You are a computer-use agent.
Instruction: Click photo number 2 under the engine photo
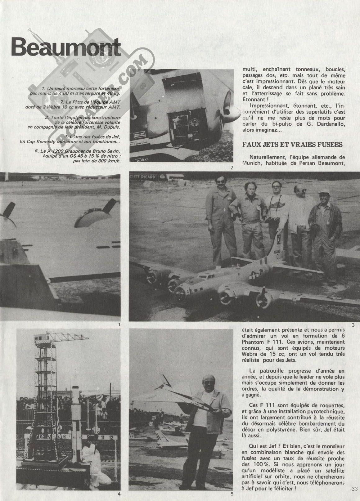coord(232,168)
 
